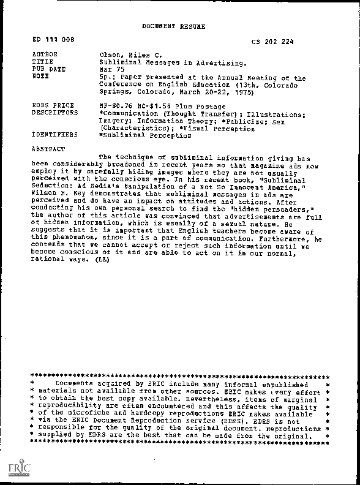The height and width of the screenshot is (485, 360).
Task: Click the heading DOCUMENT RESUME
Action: (173, 26)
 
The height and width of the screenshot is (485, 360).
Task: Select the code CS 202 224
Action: (272, 42)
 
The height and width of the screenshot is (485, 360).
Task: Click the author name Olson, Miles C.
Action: (127, 55)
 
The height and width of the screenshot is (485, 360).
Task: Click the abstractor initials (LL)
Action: (102, 260)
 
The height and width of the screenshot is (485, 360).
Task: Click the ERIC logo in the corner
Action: (14, 469)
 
